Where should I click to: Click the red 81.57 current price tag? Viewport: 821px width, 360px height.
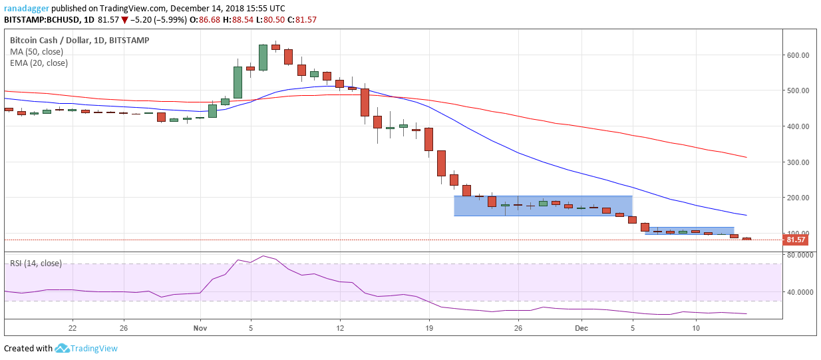pos(795,240)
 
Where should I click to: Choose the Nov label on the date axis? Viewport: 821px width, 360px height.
pos(200,328)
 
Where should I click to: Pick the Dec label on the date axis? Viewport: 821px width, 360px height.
pos(581,328)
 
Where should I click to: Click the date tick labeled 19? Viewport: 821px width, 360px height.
pos(429,328)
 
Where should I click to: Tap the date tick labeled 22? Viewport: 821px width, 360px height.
pos(73,328)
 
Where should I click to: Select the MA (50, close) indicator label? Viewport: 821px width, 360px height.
pos(37,52)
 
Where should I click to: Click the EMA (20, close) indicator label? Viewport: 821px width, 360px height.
pos(39,63)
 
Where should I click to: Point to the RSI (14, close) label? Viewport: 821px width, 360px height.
pos(35,264)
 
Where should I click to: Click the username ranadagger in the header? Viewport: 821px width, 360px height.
pos(27,9)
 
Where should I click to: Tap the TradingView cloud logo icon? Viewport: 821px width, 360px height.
pos(62,348)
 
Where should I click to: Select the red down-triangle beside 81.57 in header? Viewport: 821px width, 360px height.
pos(124,20)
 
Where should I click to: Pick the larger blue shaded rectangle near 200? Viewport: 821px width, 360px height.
pos(543,206)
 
